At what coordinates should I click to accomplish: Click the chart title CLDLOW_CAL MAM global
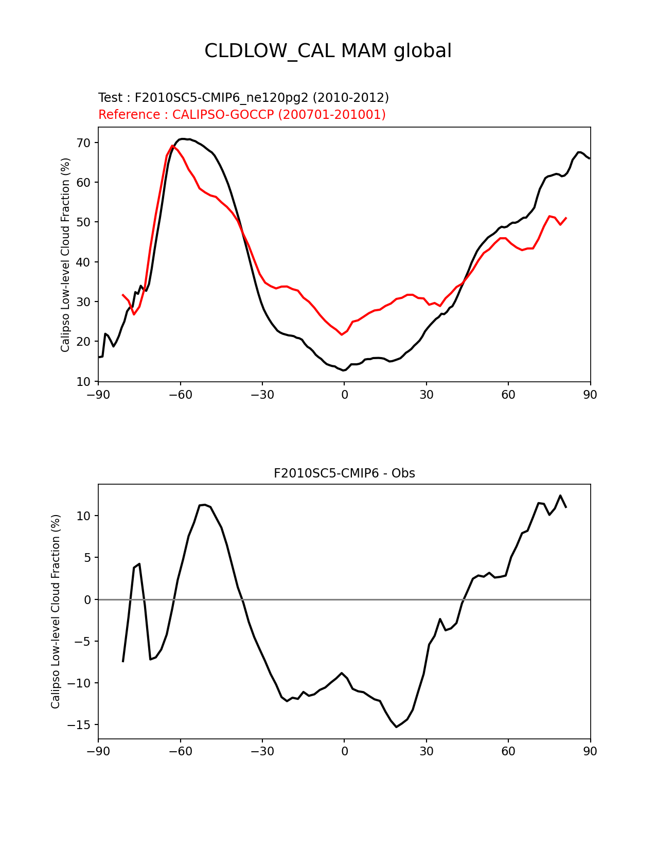click(328, 51)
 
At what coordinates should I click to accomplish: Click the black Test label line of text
click(243, 98)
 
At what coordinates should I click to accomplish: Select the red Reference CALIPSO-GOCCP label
click(242, 115)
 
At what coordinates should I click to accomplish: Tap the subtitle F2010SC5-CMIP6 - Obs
click(344, 473)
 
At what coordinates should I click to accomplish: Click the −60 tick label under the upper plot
click(180, 395)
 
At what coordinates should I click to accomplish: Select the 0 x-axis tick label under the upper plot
click(344, 395)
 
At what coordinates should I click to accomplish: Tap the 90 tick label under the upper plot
click(590, 395)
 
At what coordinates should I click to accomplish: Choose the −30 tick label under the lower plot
click(262, 751)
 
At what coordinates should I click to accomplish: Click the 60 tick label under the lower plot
click(508, 751)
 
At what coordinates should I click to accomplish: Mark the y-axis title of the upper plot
click(65, 255)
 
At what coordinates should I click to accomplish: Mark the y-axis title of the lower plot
click(56, 611)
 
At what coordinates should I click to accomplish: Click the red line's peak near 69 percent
click(172, 146)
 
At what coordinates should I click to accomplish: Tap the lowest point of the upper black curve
click(344, 370)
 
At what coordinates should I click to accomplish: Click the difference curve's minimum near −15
click(396, 727)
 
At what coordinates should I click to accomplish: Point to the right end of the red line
click(566, 218)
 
